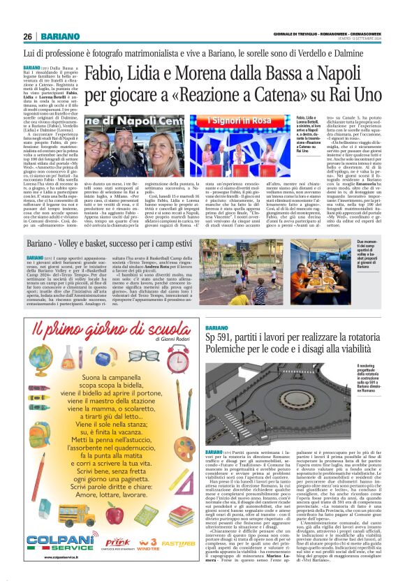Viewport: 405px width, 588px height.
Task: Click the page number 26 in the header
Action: coord(27,36)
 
